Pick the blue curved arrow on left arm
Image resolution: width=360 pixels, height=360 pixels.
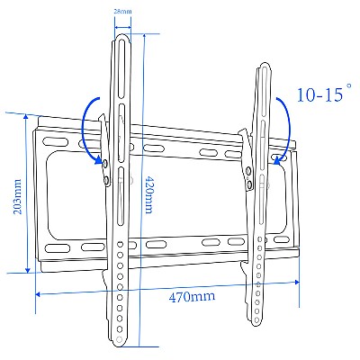tap(89, 130)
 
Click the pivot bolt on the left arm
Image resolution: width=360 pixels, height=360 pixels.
tap(106, 164)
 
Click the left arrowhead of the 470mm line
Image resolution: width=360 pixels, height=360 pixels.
tap(38, 292)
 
